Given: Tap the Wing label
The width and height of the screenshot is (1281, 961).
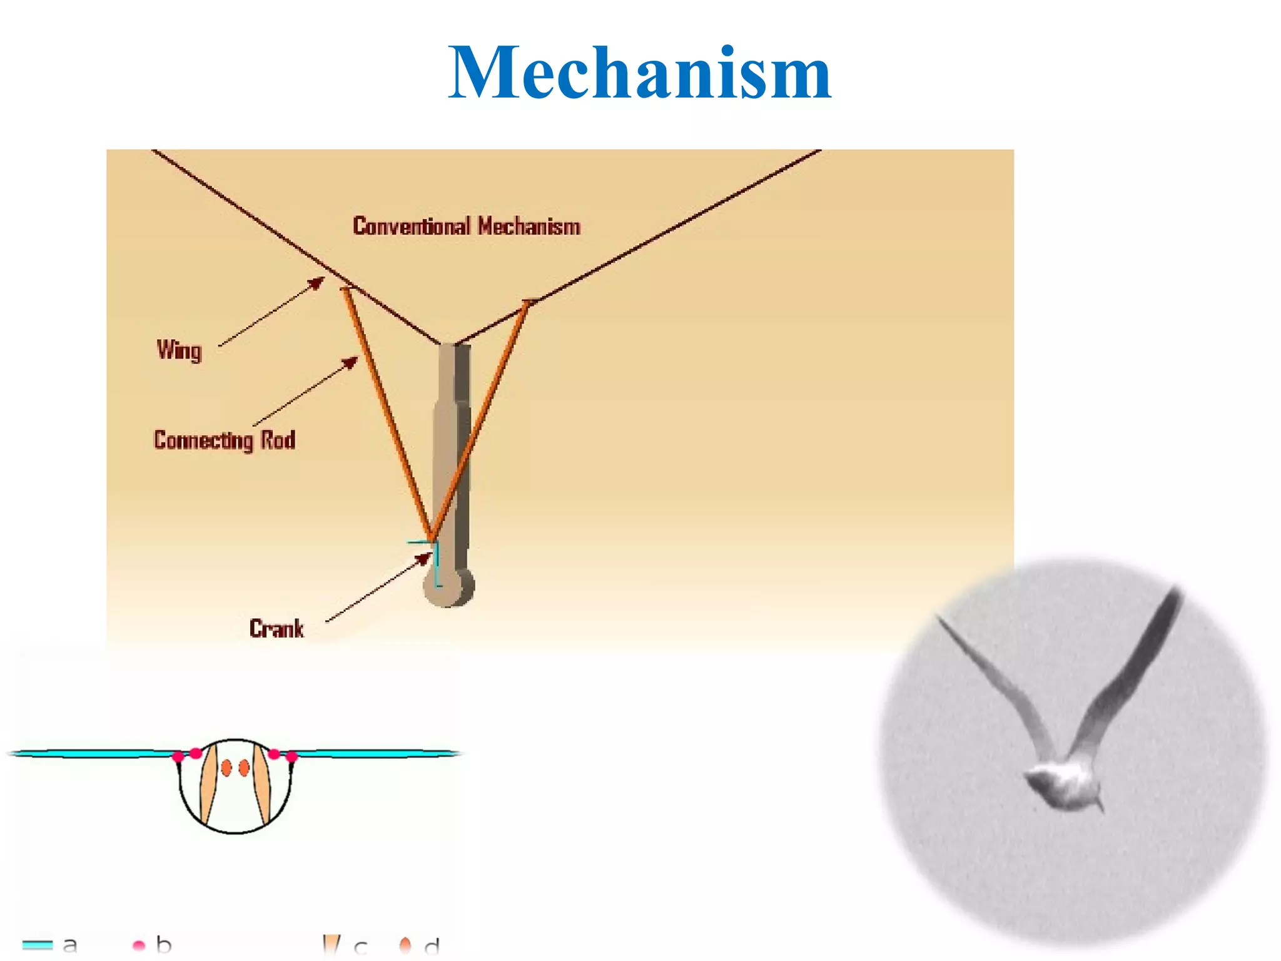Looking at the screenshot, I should pyautogui.click(x=180, y=350).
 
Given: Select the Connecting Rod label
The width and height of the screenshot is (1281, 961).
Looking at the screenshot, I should pyautogui.click(x=225, y=440).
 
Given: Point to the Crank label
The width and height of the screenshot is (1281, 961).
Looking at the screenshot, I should pyautogui.click(x=276, y=628).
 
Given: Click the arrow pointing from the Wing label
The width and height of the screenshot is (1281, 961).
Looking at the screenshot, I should pyautogui.click(x=272, y=311).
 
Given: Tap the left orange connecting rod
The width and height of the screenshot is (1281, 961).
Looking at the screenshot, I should pyautogui.click(x=387, y=413).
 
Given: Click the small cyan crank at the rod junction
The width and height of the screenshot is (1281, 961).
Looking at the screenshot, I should pyautogui.click(x=436, y=563).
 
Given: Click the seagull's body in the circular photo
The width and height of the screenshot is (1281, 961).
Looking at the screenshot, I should pyautogui.click(x=1063, y=785).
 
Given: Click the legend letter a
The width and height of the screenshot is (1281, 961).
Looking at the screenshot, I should pyautogui.click(x=70, y=944).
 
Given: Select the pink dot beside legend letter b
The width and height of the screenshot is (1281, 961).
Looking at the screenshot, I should pyautogui.click(x=139, y=945).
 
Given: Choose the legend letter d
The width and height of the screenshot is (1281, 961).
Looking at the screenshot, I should pyautogui.click(x=432, y=946).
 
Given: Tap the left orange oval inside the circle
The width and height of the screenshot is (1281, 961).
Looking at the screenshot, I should pyautogui.click(x=226, y=768).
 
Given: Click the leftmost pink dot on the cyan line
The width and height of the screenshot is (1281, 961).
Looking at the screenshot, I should pyautogui.click(x=178, y=757).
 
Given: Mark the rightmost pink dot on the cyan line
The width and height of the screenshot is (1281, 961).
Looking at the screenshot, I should pyautogui.click(x=291, y=757).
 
